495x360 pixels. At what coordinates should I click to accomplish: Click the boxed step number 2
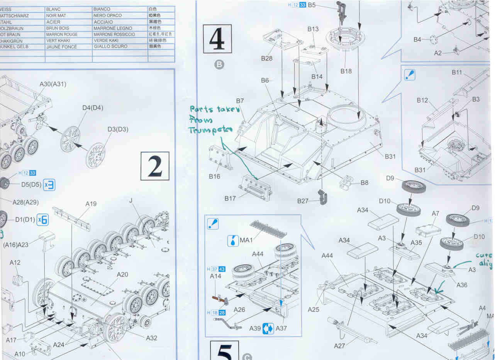tap(155, 166)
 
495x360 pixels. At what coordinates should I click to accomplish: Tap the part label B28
tap(267, 58)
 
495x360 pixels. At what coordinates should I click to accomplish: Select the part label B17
tap(230, 199)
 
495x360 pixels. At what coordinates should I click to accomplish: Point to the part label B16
tap(214, 177)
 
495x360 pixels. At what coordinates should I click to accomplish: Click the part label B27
tap(303, 201)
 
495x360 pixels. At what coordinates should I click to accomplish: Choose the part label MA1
tap(246, 241)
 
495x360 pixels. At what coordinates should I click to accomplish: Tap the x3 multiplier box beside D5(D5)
tap(49, 185)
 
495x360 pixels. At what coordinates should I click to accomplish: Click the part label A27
tap(339, 346)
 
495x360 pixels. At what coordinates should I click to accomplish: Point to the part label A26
tap(239, 309)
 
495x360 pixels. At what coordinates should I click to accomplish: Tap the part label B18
tap(346, 71)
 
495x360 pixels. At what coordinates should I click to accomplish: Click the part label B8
tap(364, 183)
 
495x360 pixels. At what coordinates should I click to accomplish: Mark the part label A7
tap(435, 214)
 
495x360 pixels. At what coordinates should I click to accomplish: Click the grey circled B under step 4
tap(219, 64)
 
